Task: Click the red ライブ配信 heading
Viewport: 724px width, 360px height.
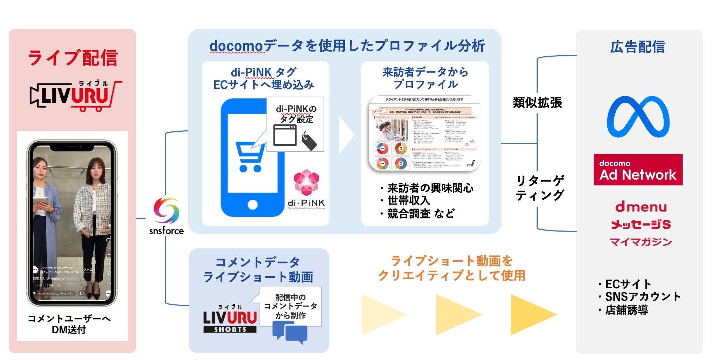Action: tap(72, 58)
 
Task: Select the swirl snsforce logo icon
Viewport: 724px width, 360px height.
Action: tap(167, 211)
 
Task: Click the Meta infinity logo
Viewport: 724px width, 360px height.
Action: tap(638, 117)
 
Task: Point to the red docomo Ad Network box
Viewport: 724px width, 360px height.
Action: tap(638, 170)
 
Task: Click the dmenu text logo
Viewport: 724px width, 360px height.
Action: tap(641, 207)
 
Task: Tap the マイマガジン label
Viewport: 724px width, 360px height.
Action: tap(641, 242)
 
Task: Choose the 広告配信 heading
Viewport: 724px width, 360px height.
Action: tap(638, 47)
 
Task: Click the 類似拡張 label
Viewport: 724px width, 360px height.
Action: tap(537, 103)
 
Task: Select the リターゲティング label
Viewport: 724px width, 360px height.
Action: tap(540, 188)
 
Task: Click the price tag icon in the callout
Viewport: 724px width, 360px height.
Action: tap(309, 141)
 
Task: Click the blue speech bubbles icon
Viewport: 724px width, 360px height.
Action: tap(290, 332)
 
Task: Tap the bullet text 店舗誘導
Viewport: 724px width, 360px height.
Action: tap(626, 310)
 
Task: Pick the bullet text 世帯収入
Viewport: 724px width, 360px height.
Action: tap(408, 200)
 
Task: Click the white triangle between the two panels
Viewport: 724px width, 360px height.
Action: tap(345, 135)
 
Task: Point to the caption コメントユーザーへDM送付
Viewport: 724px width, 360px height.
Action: tap(69, 324)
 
